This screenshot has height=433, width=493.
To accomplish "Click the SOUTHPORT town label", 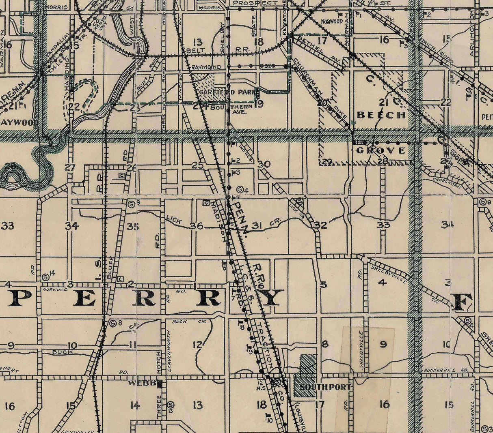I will click(324, 387).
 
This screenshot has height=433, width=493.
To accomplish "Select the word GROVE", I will click(381, 151).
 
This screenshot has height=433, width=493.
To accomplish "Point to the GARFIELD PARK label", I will click(229, 92).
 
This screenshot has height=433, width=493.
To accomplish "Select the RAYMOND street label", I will click(206, 66).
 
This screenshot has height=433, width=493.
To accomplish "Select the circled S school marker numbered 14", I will click(46, 277).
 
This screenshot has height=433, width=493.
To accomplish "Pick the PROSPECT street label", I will click(255, 3).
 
